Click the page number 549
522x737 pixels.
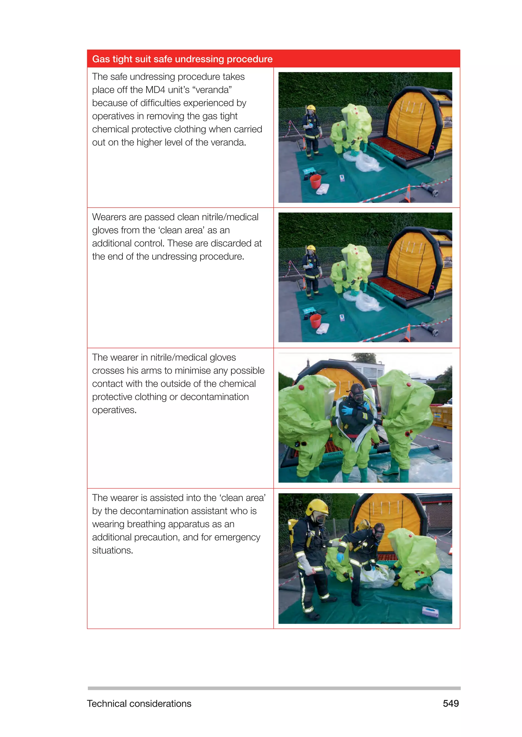click(451, 703)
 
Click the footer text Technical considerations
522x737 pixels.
click(139, 704)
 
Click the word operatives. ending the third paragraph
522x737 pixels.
click(114, 410)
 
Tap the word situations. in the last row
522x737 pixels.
click(112, 550)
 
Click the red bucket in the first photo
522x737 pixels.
click(315, 182)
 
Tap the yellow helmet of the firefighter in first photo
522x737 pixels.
click(311, 108)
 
